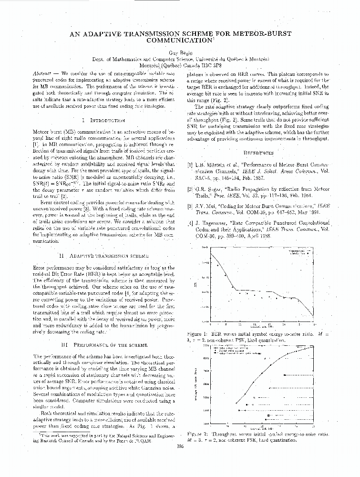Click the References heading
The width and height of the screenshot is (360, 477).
pyautogui.click(x=258, y=153)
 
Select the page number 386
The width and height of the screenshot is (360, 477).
pyautogui.click(x=180, y=446)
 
